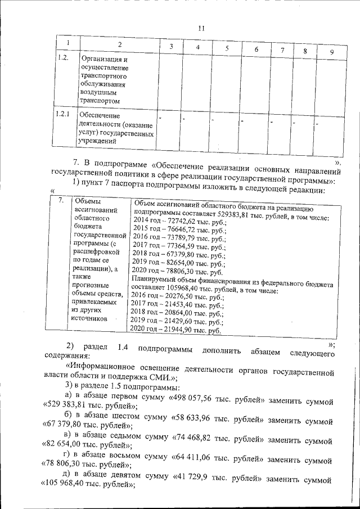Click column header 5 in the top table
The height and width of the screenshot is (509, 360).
226,48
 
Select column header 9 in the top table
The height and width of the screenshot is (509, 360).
331,52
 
